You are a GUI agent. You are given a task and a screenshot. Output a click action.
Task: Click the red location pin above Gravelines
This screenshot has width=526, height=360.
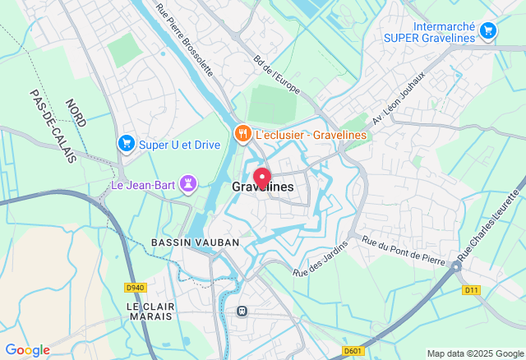(262, 178)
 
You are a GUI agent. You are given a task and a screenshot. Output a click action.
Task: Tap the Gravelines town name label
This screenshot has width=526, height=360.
(262, 188)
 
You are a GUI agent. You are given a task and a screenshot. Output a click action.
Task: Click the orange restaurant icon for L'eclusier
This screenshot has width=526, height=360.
(242, 132)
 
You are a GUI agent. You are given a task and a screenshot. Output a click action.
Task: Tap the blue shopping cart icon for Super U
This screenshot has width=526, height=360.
(126, 144)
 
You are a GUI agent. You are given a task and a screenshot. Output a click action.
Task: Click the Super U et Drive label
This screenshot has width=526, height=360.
(179, 145)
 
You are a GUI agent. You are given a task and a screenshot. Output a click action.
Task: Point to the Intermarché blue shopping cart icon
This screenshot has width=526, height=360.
(488, 31)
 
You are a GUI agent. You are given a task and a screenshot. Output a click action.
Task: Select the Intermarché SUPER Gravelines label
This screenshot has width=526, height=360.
(429, 32)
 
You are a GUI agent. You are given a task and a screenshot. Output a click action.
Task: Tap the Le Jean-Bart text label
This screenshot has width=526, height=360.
(145, 184)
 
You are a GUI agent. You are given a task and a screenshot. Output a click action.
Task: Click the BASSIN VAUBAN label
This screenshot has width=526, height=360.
(195, 242)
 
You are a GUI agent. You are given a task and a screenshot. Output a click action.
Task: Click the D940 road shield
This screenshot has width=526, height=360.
(136, 288)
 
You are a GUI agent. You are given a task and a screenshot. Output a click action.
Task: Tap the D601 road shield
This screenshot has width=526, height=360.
(353, 351)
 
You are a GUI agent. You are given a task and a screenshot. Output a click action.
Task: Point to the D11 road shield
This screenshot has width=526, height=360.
(470, 290)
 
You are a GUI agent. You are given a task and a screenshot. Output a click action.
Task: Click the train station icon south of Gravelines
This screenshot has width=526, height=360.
(242, 311)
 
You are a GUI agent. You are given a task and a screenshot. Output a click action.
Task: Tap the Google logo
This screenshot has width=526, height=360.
(27, 350)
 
